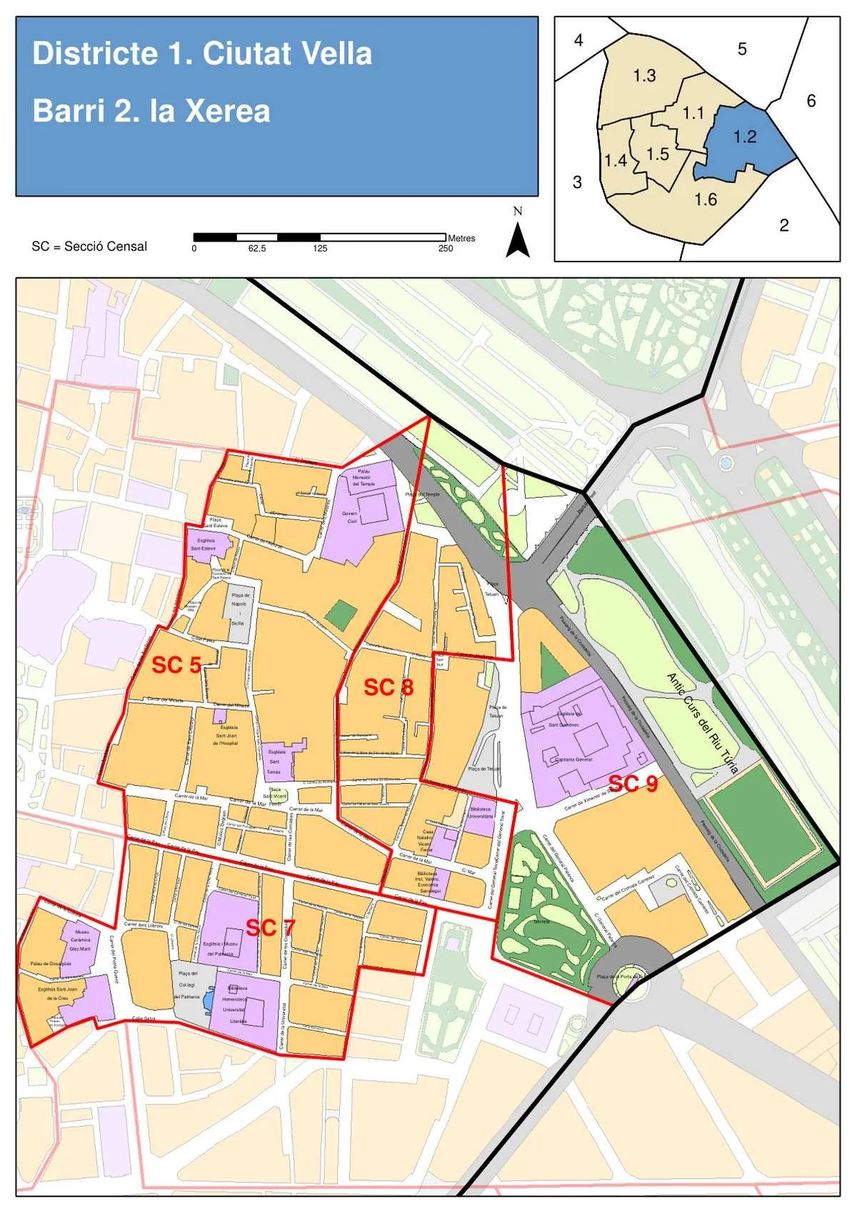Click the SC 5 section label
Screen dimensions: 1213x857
[176, 665]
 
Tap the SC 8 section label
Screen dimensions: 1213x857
[388, 687]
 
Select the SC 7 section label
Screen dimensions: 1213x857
[269, 928]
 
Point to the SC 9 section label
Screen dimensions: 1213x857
[632, 784]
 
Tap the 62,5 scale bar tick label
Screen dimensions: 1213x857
[257, 249]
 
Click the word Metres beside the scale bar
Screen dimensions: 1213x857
[461, 238]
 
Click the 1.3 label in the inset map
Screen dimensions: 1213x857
[644, 76]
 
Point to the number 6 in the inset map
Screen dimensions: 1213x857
[811, 101]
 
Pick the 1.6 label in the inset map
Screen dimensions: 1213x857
[706, 199]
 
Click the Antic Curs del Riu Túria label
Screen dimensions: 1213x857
[702, 723]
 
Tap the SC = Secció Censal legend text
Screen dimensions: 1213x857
[89, 246]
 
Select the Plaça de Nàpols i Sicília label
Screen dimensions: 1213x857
[239, 609]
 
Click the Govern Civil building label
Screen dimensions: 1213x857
[350, 517]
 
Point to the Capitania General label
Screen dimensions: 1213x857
[573, 759]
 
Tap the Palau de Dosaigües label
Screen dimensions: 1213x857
[51, 964]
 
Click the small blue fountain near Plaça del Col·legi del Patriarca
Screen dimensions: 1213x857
[208, 999]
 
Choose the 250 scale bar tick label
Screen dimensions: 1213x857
[446, 249]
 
